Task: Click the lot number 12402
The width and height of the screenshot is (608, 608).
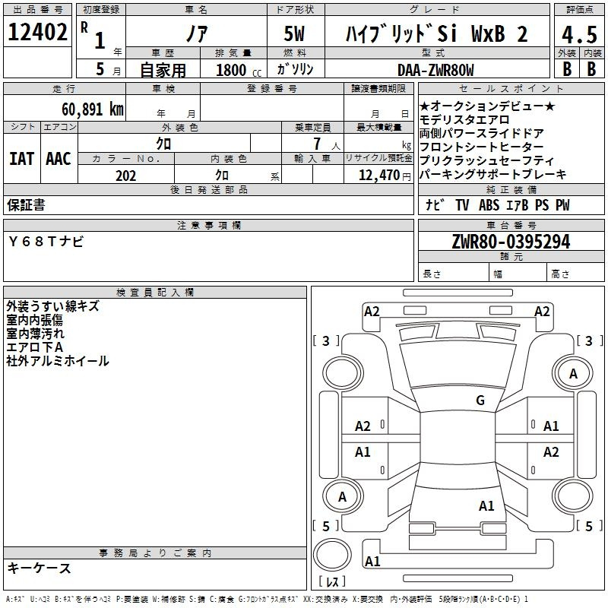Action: click(37, 32)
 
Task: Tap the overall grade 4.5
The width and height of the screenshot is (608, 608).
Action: click(579, 34)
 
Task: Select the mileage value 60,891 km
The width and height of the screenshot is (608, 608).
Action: click(93, 109)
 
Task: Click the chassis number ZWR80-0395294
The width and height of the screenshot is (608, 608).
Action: click(511, 242)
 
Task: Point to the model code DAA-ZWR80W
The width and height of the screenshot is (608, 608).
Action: click(435, 70)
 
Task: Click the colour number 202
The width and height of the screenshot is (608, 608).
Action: click(125, 176)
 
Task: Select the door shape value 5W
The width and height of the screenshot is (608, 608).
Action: click(294, 33)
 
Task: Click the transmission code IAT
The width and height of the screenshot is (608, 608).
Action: click(21, 159)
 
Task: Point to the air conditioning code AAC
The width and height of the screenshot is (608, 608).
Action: click(59, 159)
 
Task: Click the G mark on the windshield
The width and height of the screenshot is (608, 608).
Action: click(480, 400)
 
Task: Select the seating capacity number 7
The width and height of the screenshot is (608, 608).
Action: click(317, 144)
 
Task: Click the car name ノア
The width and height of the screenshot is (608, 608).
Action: click(197, 33)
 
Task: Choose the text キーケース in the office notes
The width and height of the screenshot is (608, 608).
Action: click(40, 568)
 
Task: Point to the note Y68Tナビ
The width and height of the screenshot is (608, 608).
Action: click(46, 242)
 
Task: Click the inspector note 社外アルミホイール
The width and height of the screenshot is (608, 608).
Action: click(58, 361)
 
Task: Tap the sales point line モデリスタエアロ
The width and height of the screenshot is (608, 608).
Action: click(464, 120)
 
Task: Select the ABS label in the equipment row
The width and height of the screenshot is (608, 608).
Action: click(489, 204)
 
